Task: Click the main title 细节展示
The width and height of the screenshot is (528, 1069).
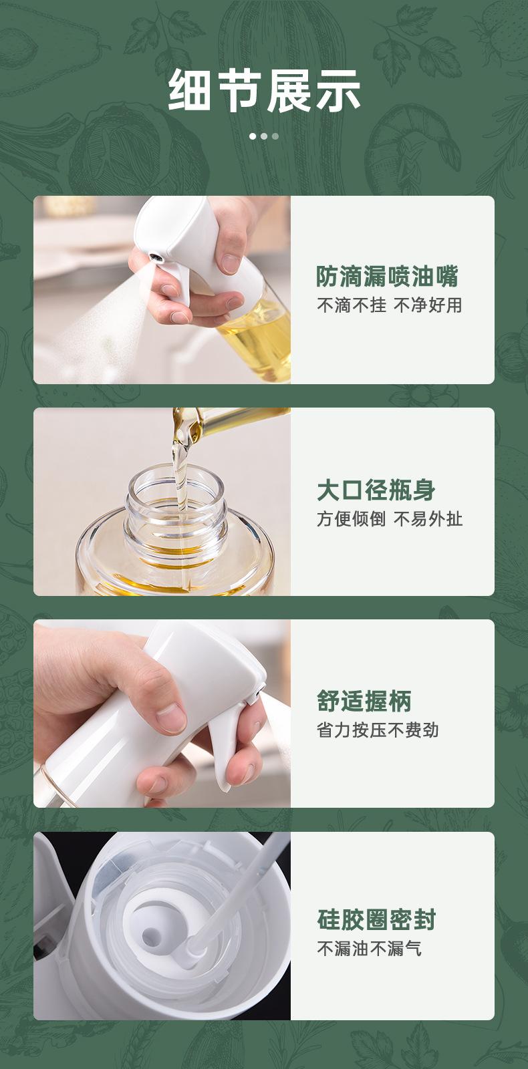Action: point(264,90)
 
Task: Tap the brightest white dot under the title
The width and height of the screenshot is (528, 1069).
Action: point(253,136)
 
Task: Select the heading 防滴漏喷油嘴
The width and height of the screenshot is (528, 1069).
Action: point(387,277)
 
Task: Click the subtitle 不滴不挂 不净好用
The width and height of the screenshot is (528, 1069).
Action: point(390,305)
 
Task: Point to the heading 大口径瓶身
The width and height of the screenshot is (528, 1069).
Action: point(376,490)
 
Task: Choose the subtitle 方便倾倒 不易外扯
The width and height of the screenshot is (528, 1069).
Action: point(390,518)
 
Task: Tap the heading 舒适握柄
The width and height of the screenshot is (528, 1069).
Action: point(364,701)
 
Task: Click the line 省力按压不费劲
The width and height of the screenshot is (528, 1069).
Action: point(378,730)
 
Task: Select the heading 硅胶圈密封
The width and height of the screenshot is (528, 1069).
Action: point(376,919)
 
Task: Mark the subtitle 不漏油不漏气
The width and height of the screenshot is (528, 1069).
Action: point(369,948)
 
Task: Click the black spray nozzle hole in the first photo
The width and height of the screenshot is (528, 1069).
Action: point(154,258)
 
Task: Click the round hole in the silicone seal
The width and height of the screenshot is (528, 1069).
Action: point(151,938)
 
